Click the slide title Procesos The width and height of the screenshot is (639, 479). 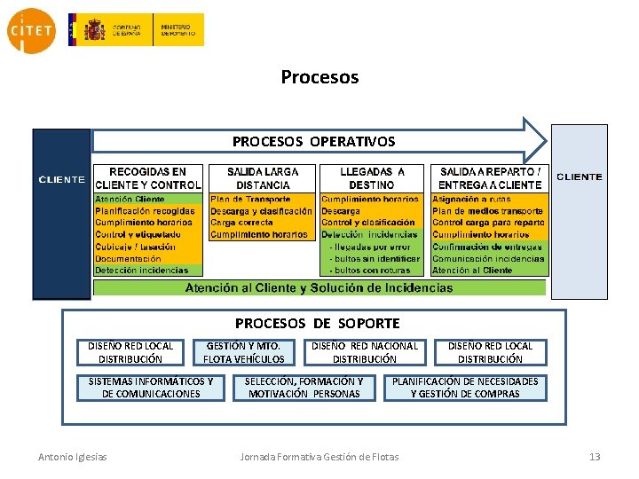pyautogui.click(x=319, y=77)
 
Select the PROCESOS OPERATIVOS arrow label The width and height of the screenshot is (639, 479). pyautogui.click(x=313, y=141)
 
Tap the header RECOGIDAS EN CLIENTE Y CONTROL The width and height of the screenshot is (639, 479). pyautogui.click(x=148, y=178)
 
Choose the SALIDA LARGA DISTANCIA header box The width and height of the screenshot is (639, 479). pyautogui.click(x=263, y=178)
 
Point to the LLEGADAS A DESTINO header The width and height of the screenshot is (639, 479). pyautogui.click(x=372, y=178)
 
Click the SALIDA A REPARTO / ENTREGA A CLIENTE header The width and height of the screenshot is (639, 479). pyautogui.click(x=489, y=178)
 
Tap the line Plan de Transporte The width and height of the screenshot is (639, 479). pyautogui.click(x=250, y=200)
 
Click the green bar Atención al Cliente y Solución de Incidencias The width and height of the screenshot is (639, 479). pyautogui.click(x=319, y=287)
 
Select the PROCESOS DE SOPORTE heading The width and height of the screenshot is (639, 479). pyautogui.click(x=317, y=324)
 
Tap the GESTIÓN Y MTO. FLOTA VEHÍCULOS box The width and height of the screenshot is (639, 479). pyautogui.click(x=244, y=352)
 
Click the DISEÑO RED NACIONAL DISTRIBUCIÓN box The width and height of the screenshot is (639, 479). pyautogui.click(x=364, y=352)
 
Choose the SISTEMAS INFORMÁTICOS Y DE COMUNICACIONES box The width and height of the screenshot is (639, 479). pyautogui.click(x=151, y=388)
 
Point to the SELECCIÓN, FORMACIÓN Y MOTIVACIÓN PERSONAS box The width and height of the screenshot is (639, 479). pyautogui.click(x=304, y=388)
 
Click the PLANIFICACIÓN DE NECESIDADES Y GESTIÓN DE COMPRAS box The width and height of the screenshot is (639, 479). pyautogui.click(x=465, y=388)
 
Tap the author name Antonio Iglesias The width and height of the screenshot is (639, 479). pyautogui.click(x=73, y=457)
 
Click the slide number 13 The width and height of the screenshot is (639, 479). pyautogui.click(x=595, y=457)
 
